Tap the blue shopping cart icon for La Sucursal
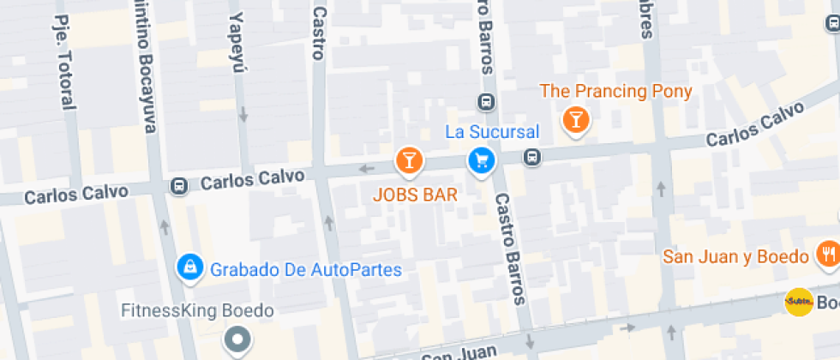[x=480, y=160]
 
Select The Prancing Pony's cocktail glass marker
[x=575, y=120]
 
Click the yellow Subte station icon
[x=799, y=302]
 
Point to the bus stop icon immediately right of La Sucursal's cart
[x=533, y=158]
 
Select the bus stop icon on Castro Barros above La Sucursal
[x=485, y=102]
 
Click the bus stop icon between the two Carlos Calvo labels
[x=179, y=185]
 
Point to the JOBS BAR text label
[x=415, y=195]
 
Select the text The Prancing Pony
[x=615, y=91]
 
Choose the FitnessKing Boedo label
[x=197, y=310]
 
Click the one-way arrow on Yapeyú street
[x=243, y=113]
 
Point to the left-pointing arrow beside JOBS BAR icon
[x=368, y=168]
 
